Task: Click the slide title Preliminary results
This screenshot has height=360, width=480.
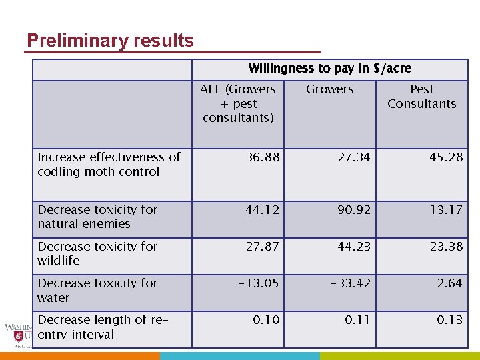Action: [x=110, y=41]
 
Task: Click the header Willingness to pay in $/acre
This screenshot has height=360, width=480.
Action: [x=329, y=69]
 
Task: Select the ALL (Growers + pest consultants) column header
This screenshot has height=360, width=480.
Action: [x=238, y=103]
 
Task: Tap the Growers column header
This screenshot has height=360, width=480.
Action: [x=329, y=89]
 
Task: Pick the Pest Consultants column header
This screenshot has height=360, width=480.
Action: [x=421, y=97]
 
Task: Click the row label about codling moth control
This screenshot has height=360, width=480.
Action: [x=109, y=165]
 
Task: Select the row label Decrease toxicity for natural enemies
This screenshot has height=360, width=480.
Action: [x=97, y=217]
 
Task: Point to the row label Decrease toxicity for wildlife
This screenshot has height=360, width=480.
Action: [x=97, y=253]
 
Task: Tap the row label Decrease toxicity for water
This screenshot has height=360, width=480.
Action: [x=97, y=290]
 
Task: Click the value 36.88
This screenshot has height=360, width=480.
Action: [x=263, y=157]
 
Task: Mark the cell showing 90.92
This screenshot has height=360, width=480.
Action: [x=354, y=210]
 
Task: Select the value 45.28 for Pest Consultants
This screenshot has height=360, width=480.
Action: [x=446, y=157]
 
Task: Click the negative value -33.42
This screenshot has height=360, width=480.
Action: [x=350, y=283]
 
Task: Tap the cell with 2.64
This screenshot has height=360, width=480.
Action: [x=449, y=283]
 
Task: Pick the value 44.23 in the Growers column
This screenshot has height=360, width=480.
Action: [x=354, y=247]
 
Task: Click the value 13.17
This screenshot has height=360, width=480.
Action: [x=446, y=210]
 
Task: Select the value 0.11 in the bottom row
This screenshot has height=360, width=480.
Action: [x=357, y=320]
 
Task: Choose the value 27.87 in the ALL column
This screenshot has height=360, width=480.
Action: [x=263, y=247]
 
